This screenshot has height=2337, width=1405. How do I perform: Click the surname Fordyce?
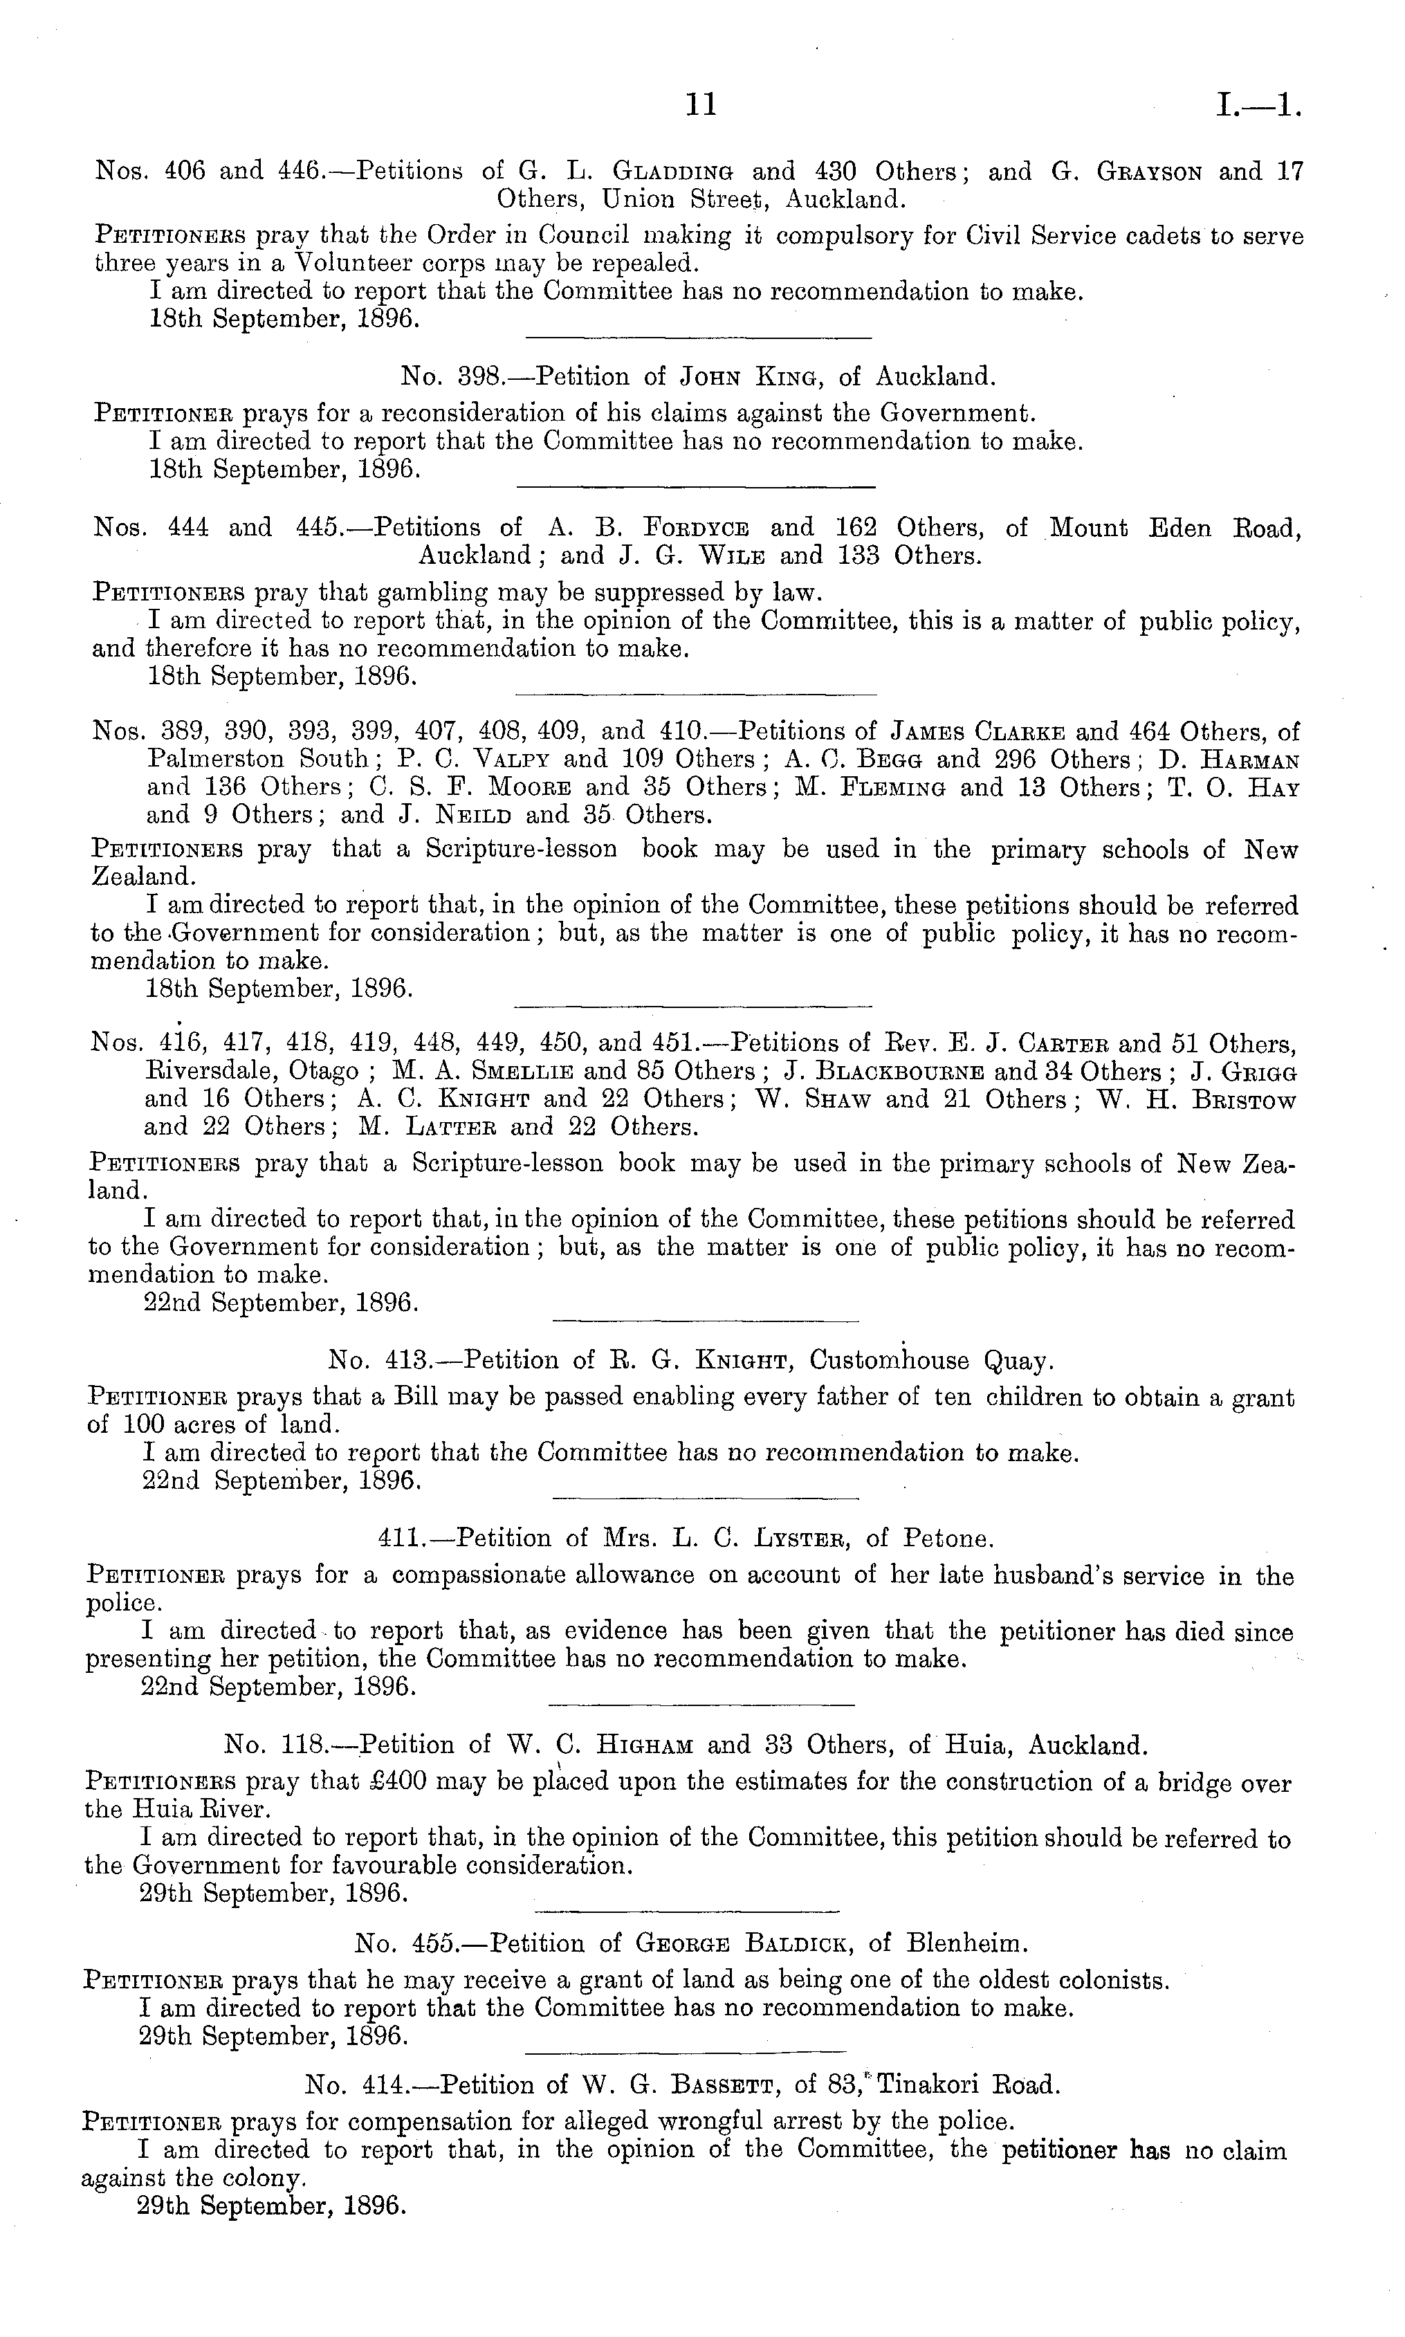point(696,528)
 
